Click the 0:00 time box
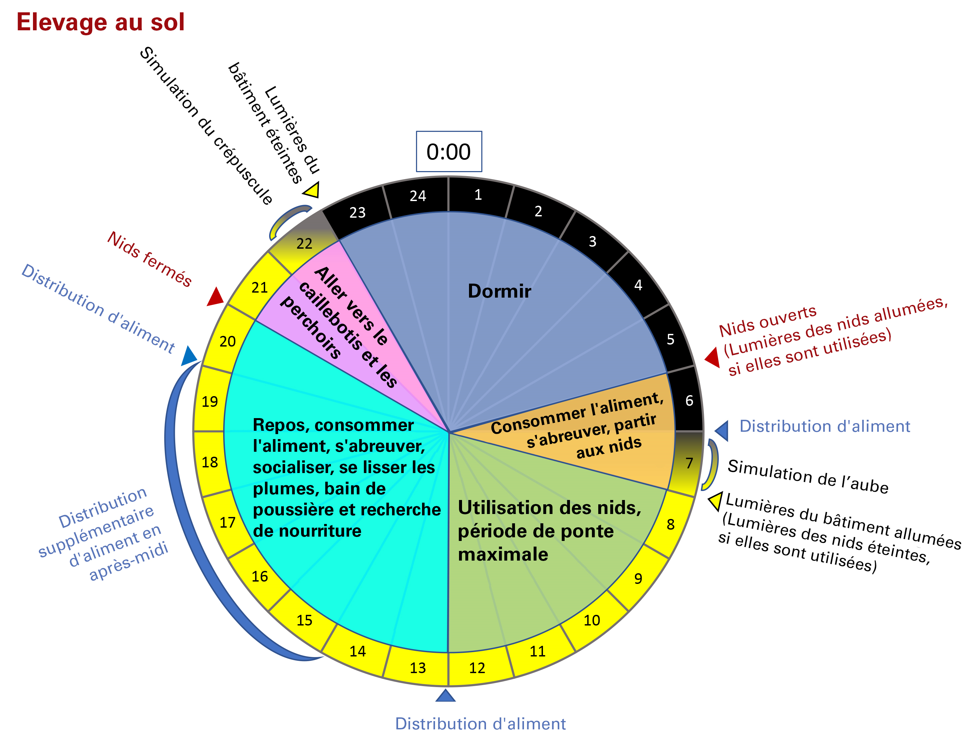pos(449,151)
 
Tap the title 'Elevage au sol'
pos(100,22)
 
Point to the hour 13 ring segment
pos(417,667)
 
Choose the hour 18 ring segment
pos(210,462)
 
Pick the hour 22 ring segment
pos(304,243)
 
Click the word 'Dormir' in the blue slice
pos(499,291)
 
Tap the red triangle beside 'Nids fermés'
pos(216,297)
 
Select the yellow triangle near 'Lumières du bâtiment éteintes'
pos(312,190)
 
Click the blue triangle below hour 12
pos(445,695)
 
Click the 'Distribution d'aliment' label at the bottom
pos(480,724)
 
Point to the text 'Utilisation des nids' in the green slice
pos(550,508)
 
